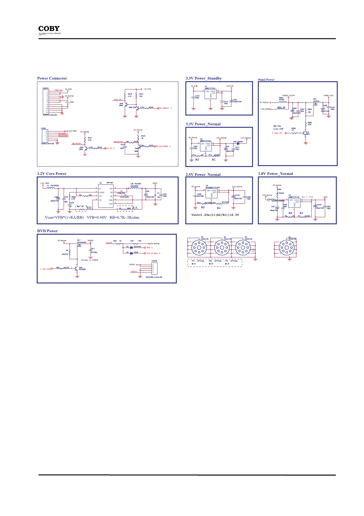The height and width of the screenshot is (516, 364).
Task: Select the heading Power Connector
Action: [52, 78]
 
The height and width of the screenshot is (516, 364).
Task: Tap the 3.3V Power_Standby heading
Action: [203, 78]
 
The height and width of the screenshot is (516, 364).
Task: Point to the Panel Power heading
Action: [266, 80]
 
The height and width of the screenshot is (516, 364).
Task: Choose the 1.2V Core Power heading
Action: [52, 174]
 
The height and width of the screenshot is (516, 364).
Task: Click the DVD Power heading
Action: [47, 231]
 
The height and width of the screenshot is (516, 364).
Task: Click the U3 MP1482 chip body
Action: [106, 196]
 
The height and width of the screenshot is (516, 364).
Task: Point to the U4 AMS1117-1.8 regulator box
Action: [294, 203]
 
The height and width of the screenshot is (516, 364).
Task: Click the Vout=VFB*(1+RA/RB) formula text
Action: [64, 218]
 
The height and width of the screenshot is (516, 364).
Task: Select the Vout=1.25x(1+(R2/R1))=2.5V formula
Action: [215, 215]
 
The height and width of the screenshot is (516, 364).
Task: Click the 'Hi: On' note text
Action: [277, 126]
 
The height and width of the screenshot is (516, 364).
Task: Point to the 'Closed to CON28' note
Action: [89, 260]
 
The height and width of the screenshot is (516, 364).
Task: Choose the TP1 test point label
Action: [193, 261]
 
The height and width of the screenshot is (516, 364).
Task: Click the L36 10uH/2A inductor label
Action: [136, 184]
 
